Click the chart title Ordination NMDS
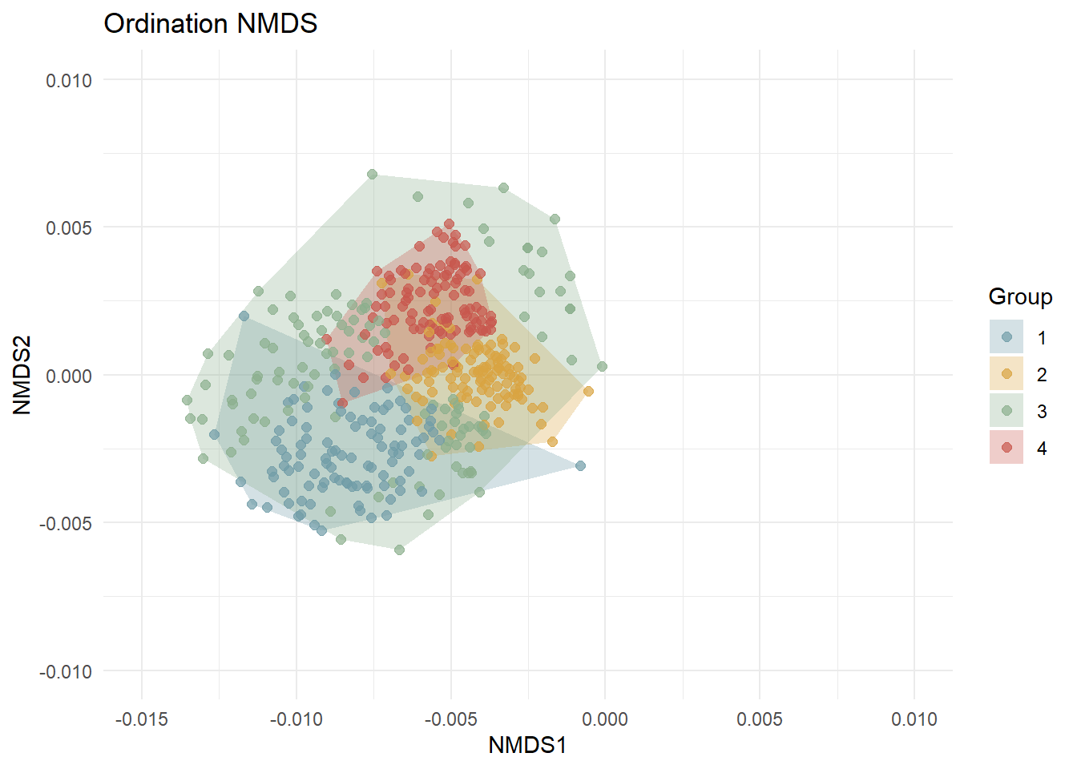(x=211, y=24)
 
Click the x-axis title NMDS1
(x=527, y=746)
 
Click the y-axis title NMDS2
(x=22, y=375)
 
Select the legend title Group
(x=1019, y=297)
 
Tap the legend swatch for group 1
(x=1006, y=337)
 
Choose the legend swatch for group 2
(x=1006, y=374)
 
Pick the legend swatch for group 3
(x=1006, y=411)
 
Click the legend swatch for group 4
(x=1006, y=448)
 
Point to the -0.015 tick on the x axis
(x=142, y=719)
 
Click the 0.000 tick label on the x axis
(x=605, y=719)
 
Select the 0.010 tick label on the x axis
(x=914, y=719)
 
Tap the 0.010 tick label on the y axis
(x=69, y=80)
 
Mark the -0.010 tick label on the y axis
(x=66, y=671)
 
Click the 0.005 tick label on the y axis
(x=69, y=227)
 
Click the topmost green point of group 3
(x=372, y=174)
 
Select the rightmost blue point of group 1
(x=580, y=465)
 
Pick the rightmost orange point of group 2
(x=588, y=391)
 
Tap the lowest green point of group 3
(x=399, y=550)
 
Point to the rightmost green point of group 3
(x=602, y=366)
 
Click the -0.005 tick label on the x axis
(x=450, y=719)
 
